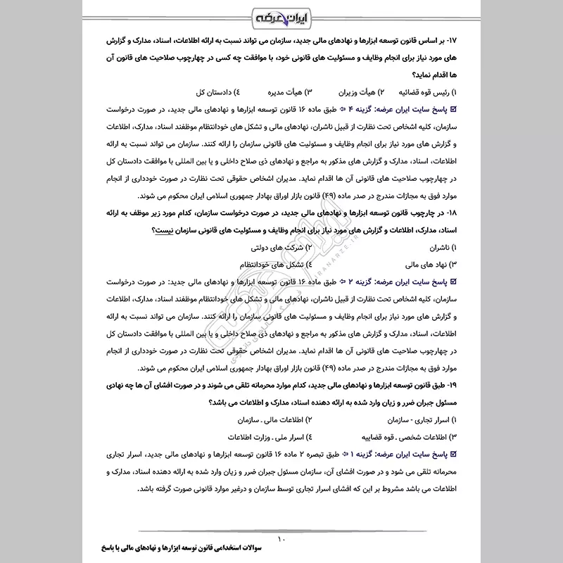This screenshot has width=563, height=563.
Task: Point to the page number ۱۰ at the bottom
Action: tap(281, 540)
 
